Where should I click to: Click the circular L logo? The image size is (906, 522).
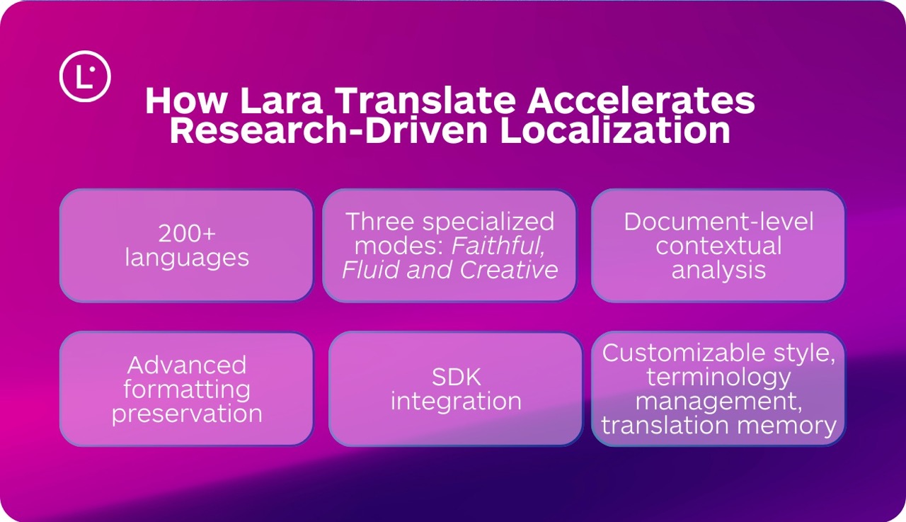point(85,75)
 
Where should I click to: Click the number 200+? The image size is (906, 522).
point(187,234)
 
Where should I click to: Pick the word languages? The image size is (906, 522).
point(187,257)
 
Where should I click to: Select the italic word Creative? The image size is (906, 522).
point(509,269)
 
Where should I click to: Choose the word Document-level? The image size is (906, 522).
point(718,222)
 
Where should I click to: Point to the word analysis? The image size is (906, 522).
point(718,270)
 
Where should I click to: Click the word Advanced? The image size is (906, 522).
point(187,365)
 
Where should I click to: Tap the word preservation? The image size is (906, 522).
point(187,413)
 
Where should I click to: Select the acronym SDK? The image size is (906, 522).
point(456,378)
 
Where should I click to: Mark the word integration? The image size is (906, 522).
point(456,401)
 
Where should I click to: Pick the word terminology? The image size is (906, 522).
point(718,377)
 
